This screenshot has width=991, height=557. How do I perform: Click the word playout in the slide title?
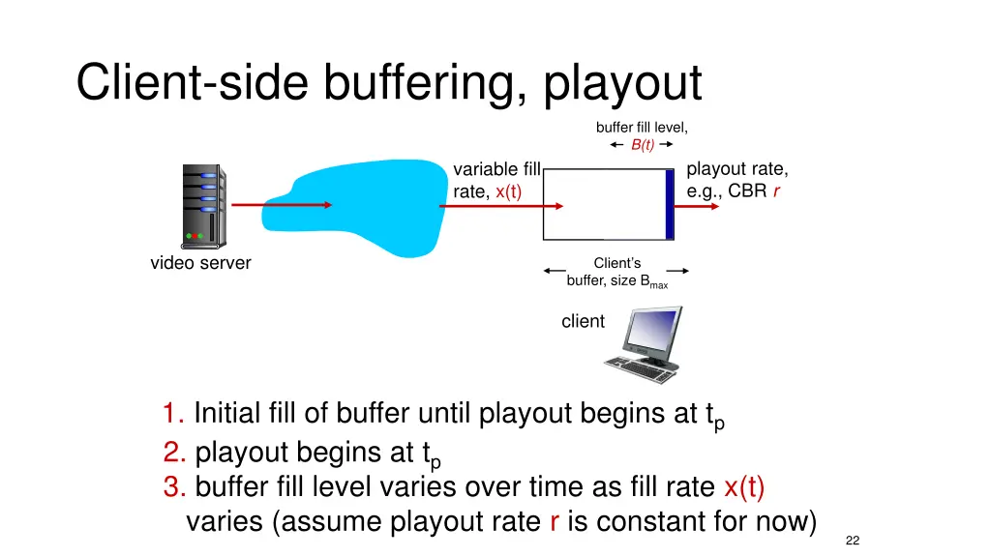(x=622, y=83)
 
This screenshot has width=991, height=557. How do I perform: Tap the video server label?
(x=200, y=263)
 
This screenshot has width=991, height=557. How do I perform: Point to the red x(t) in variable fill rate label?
(x=508, y=191)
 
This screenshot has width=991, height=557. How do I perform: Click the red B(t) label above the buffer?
(x=643, y=145)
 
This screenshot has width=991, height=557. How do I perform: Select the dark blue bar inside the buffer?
(x=669, y=204)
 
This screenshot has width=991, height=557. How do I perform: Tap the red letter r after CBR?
(x=776, y=191)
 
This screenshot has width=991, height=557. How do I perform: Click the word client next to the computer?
(x=583, y=321)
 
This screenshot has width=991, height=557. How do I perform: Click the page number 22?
(x=852, y=541)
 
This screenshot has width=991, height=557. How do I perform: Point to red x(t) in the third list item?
(x=743, y=486)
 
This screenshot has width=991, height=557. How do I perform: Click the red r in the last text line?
(x=554, y=522)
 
